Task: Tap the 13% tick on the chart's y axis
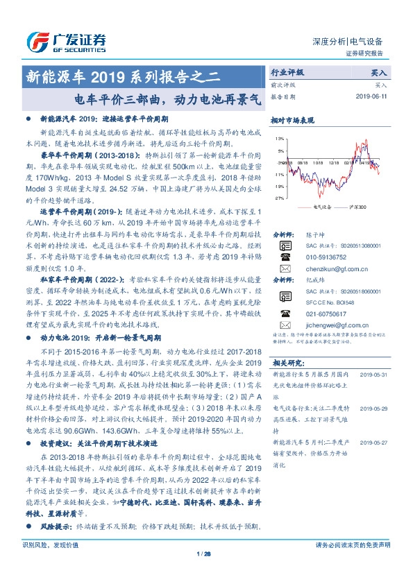click(279, 139)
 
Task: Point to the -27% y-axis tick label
click(279, 198)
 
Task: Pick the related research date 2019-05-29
click(373, 410)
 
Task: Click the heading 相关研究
click(288, 362)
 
